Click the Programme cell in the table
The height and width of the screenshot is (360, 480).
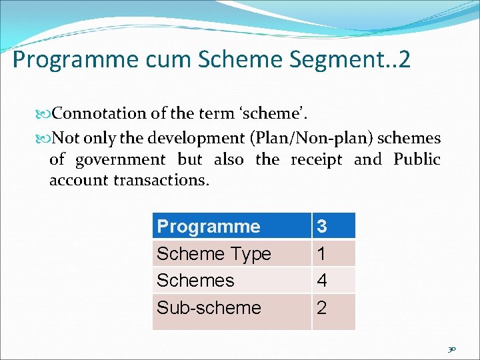click(208, 226)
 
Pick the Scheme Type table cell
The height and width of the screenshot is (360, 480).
click(213, 253)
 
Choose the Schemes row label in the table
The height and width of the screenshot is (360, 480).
click(195, 280)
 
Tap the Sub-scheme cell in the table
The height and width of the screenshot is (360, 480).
click(209, 307)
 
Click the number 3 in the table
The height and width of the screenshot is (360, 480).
click(322, 226)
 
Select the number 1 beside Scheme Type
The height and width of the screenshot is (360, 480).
click(321, 253)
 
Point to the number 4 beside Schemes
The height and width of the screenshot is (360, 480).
click(322, 280)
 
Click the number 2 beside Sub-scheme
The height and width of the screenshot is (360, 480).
click(322, 307)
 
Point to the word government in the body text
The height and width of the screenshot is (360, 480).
click(120, 159)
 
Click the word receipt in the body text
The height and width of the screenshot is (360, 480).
click(317, 159)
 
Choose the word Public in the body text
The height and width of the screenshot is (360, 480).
click(417, 159)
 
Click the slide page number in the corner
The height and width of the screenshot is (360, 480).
click(453, 349)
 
